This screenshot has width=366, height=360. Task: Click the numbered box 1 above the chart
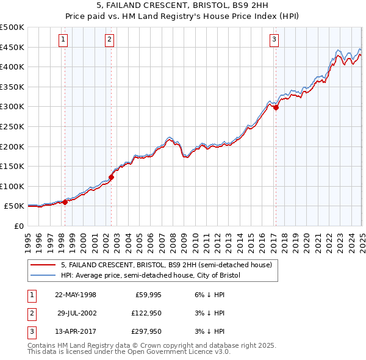coord(64,40)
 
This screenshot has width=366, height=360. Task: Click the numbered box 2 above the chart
coord(109,40)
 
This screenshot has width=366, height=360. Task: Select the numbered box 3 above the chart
coord(274,40)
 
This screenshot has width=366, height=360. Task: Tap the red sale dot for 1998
coord(65,201)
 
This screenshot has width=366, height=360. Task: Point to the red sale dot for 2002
coord(112,178)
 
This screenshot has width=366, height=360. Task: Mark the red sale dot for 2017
coord(276,107)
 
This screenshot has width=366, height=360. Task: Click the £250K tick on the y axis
coord(12,126)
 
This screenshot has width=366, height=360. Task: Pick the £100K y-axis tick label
coord(12,186)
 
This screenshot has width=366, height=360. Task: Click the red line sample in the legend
coord(43,265)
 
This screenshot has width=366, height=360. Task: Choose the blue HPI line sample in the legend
coord(43,275)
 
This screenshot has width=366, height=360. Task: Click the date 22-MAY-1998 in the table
coord(76,295)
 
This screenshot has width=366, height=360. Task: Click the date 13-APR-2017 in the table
coord(76,331)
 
